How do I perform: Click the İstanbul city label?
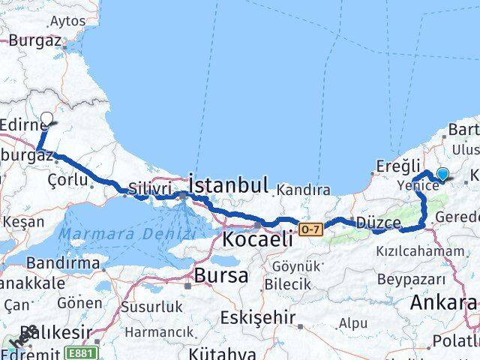[228, 184]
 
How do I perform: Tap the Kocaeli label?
[256, 239]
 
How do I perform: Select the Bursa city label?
[220, 275]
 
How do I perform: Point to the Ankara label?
[443, 303]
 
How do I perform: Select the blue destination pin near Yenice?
[442, 175]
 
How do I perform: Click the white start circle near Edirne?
[46, 118]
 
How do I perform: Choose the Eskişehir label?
[262, 317]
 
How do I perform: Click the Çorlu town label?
[67, 181]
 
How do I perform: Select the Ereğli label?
[393, 164]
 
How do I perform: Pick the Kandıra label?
[304, 190]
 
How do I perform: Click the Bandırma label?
[63, 263]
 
